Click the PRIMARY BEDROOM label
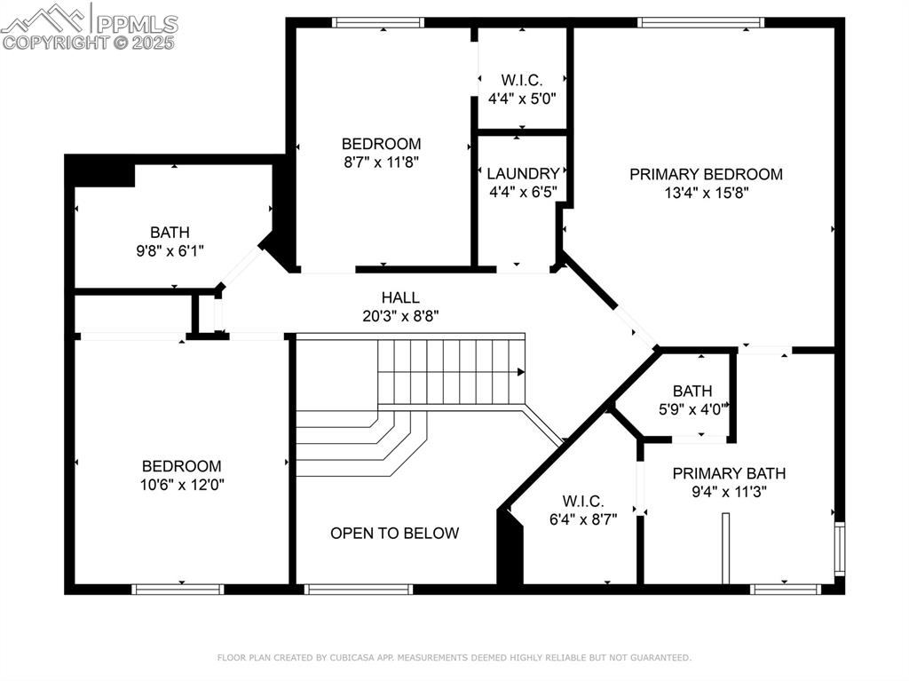pos(706,174)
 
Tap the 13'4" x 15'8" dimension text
pos(706,193)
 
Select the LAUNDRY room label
pos(523,174)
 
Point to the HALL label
pos(400,297)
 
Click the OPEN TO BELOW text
pos(394,534)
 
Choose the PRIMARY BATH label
pos(729,473)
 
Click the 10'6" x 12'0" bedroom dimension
pos(181,485)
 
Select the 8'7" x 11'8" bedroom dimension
pos(381,162)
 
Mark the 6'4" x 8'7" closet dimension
pos(583,519)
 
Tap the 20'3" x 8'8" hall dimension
pos(400,315)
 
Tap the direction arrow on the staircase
pos(521,372)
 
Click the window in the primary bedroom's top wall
pos(700,22)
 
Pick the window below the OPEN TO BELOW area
pos(358,589)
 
